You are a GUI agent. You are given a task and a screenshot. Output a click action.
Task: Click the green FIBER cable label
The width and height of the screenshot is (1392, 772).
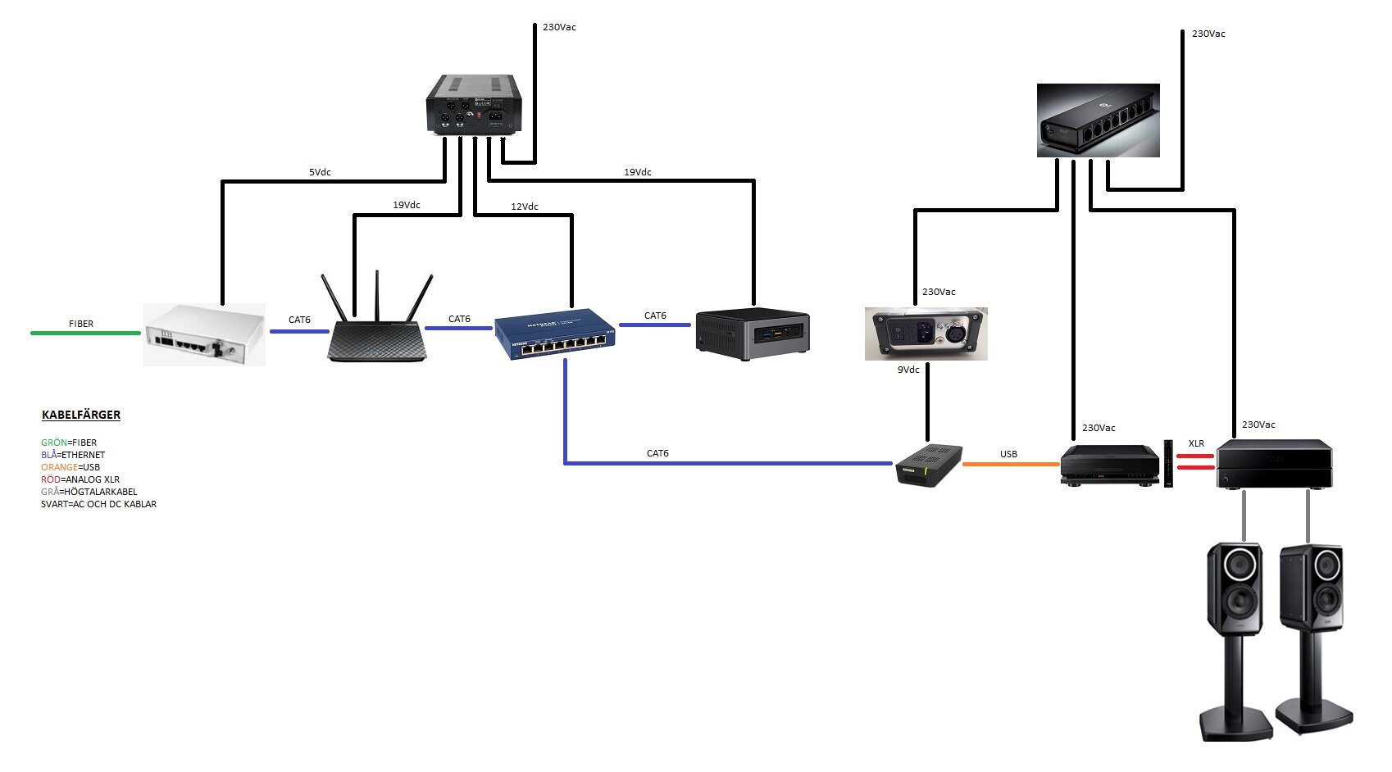(x=81, y=324)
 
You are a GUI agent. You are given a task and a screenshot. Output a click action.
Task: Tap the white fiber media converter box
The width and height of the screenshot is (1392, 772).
(x=204, y=334)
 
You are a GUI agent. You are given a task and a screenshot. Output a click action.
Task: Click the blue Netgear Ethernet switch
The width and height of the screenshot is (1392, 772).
(x=555, y=333)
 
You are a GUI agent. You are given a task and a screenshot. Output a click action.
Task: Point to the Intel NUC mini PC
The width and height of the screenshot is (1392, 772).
(x=753, y=334)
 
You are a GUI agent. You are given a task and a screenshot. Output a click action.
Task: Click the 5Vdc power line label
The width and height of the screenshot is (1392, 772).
(x=320, y=172)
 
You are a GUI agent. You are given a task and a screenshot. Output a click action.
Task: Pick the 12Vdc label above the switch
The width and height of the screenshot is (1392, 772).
(x=525, y=207)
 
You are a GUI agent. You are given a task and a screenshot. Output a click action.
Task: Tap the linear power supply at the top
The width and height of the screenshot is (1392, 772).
(x=474, y=104)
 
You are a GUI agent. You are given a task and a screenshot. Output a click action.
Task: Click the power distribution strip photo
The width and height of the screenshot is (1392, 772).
(x=1098, y=120)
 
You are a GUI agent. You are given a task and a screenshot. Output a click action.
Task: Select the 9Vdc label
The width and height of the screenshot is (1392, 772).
(x=908, y=370)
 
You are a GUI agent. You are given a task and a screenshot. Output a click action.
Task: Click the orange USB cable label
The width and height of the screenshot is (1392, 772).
(x=1008, y=454)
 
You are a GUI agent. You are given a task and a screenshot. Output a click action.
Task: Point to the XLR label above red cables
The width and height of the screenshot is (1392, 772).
(x=1196, y=443)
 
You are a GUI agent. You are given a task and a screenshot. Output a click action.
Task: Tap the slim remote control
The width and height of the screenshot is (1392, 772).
(x=1168, y=463)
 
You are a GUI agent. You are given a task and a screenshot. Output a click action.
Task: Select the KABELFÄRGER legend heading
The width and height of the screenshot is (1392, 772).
(x=81, y=415)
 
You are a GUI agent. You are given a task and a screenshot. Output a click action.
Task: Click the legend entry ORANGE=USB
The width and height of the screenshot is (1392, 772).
(x=71, y=467)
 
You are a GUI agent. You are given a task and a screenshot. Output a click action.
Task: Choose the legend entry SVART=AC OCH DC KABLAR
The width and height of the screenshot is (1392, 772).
(x=98, y=504)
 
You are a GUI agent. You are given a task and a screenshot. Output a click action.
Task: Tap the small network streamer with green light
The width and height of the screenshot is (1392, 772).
(x=928, y=465)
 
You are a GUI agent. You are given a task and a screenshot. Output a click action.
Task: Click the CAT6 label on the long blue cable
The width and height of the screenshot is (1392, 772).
(x=657, y=453)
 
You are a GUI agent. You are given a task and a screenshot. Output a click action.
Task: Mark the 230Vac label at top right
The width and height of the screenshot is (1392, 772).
(x=1208, y=34)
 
